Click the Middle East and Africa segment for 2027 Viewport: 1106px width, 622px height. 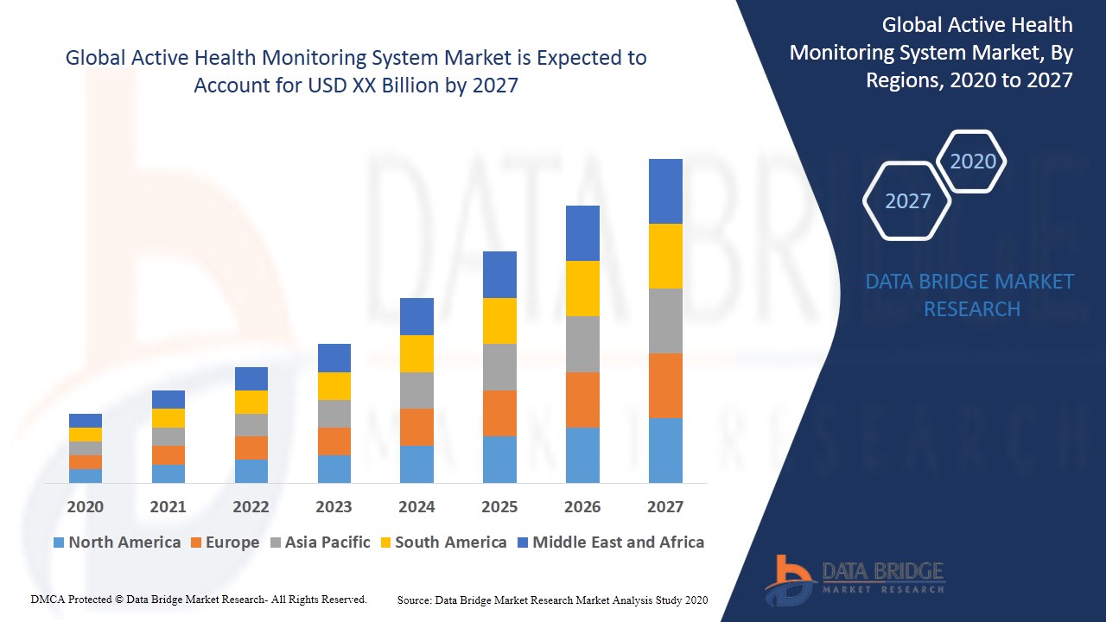665,191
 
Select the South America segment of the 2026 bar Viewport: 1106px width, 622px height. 582,288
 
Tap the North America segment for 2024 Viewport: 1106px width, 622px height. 416,464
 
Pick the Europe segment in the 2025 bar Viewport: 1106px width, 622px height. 499,413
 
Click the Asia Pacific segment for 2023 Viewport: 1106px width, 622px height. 334,414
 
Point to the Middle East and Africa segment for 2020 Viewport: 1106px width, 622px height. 86,421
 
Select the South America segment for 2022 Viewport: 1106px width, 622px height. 251,402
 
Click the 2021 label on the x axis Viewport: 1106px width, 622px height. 168,506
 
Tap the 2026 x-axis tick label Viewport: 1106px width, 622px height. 582,506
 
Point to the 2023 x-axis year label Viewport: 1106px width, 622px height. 334,506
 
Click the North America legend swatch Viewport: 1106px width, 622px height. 59,543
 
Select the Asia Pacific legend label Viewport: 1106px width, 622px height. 327,543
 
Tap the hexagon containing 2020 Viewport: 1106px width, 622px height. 972,162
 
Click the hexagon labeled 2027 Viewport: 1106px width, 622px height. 907,201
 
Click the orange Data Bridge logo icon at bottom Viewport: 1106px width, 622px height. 788,579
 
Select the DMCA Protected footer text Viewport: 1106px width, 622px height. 199,599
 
